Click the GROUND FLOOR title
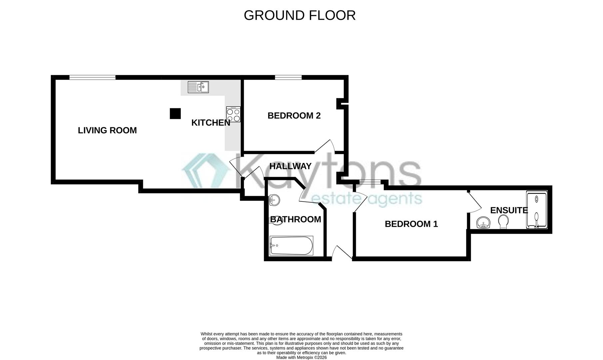(300, 15)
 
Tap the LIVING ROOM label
(107, 130)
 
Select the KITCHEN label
(211, 123)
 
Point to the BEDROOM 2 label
(294, 116)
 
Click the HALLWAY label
(290, 166)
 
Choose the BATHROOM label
(296, 219)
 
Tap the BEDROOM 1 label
(411, 224)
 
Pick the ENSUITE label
(509, 210)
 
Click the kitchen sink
(198, 87)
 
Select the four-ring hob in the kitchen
(233, 114)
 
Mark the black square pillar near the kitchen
(175, 114)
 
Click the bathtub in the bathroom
(291, 246)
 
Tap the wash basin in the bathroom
(274, 200)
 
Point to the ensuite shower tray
(536, 210)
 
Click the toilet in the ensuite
(503, 221)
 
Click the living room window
(92, 77)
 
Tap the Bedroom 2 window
(288, 77)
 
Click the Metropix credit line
(301, 357)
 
